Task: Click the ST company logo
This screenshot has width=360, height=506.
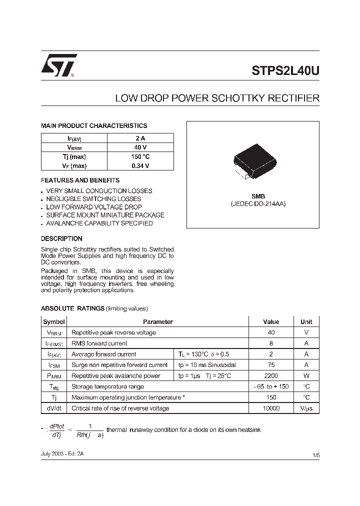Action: pos(59,65)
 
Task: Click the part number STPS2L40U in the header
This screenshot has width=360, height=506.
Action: pos(285,71)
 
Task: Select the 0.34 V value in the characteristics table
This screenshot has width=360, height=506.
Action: pos(140,165)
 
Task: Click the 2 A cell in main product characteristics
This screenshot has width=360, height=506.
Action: pos(140,138)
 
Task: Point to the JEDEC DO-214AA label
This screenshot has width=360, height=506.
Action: pos(258,204)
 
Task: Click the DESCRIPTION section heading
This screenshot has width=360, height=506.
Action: pos(61,238)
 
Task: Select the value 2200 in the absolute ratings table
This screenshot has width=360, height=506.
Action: pos(271,375)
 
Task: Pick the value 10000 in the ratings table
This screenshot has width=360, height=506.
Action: pos(271,408)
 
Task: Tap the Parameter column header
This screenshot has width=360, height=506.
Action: pos(157,322)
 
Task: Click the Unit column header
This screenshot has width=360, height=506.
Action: pos(306,322)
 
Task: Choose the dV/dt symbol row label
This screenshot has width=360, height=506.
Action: pos(53,408)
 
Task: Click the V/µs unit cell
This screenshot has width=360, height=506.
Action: pos(306,408)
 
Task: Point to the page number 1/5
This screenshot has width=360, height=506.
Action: pos(315,454)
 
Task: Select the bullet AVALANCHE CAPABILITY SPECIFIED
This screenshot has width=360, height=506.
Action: pos(99,223)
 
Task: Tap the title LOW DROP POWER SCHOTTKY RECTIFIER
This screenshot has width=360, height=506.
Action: pos(217,98)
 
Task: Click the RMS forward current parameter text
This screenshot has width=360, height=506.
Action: pos(99,343)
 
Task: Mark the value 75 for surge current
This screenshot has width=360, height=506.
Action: pos(271,365)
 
